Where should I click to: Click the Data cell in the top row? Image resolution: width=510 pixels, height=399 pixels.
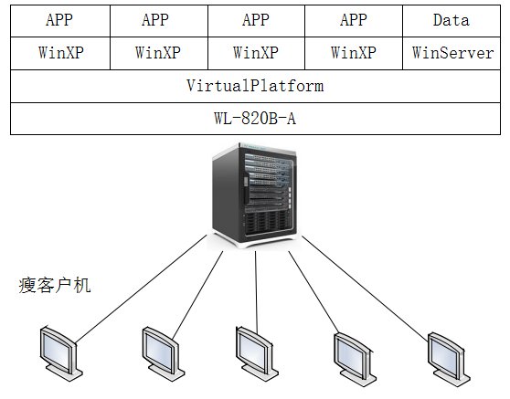(452, 20)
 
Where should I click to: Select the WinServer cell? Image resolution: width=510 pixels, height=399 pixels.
(452, 53)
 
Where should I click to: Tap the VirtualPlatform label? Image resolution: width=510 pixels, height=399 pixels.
(255, 86)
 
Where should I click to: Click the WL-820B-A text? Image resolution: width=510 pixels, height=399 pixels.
(255, 119)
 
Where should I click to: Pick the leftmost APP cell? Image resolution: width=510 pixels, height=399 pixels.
(60, 20)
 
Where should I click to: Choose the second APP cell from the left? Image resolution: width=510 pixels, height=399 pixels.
(159, 20)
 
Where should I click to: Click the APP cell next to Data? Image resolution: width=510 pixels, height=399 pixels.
(354, 20)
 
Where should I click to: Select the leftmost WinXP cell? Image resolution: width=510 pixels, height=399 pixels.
(60, 53)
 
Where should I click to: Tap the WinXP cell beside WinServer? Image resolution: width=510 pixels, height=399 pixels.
(354, 53)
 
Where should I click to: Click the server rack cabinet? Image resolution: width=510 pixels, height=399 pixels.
(255, 194)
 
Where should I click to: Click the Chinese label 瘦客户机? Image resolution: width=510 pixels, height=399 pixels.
(54, 286)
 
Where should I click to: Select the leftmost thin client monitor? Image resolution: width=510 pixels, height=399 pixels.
(60, 353)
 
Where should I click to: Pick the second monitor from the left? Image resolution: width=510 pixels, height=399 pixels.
(163, 353)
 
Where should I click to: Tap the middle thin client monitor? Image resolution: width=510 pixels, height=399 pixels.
(256, 353)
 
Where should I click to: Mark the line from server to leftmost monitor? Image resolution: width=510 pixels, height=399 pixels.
(141, 289)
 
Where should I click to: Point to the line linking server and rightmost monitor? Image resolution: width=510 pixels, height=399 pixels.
(365, 289)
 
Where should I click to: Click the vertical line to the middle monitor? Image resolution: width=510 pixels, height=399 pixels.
(256, 292)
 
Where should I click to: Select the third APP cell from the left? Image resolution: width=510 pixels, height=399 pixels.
(256, 20)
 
